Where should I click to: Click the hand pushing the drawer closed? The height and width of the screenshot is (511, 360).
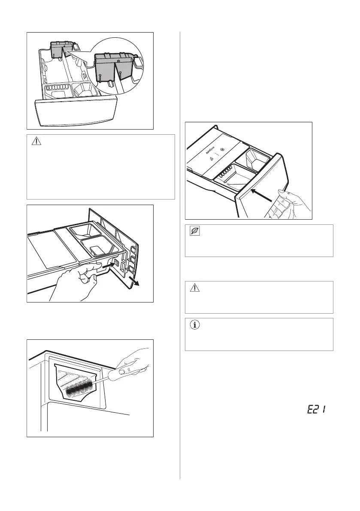point(287,205)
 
